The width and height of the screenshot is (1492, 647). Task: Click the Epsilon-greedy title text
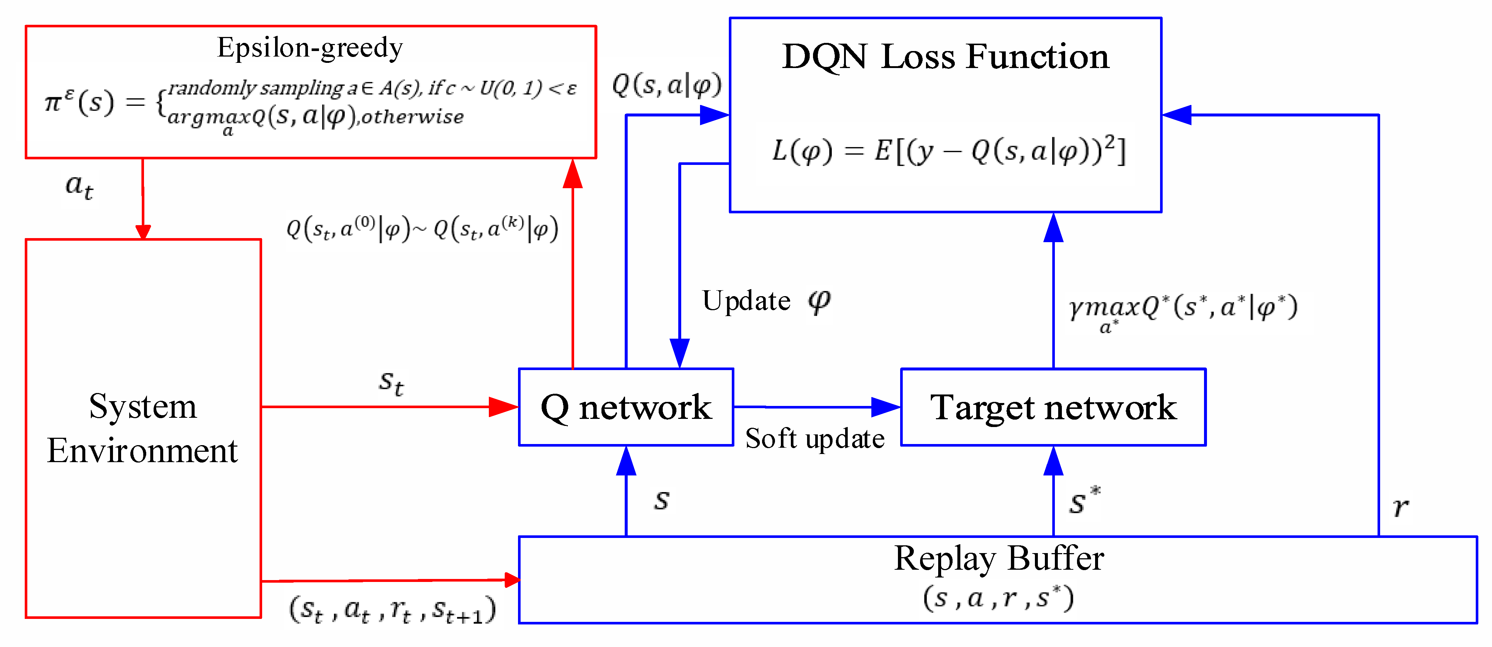click(x=310, y=48)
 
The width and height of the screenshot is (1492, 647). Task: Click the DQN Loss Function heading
click(x=945, y=57)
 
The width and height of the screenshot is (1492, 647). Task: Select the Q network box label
click(x=625, y=407)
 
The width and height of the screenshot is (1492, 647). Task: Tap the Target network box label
click(x=1053, y=407)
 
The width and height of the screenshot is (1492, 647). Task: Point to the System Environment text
click(x=143, y=428)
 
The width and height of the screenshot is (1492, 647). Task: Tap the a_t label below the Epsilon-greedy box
click(x=79, y=187)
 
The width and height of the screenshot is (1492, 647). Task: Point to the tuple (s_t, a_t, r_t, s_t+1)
click(x=392, y=610)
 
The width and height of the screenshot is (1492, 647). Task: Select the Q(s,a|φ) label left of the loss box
click(x=666, y=85)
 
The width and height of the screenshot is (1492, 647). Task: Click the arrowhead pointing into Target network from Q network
click(x=886, y=407)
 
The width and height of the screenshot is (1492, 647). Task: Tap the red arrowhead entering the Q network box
click(x=503, y=407)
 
